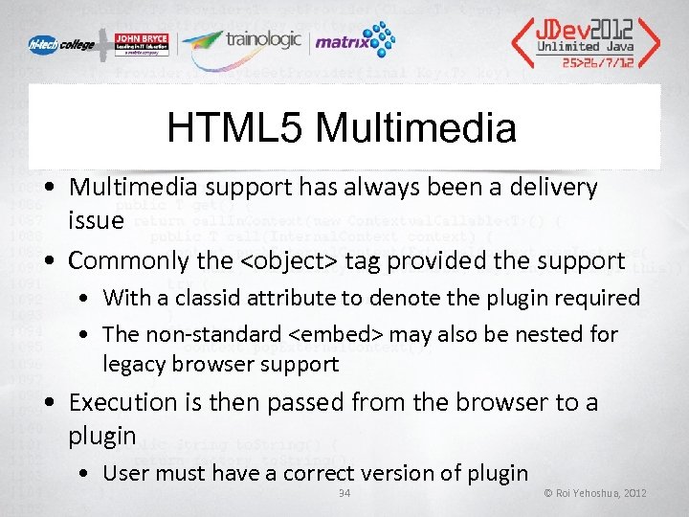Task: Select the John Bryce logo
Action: point(139,44)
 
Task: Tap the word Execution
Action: point(123,402)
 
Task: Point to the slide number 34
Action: point(345,493)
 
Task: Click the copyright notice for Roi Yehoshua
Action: point(595,493)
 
